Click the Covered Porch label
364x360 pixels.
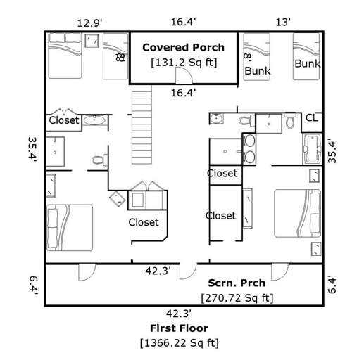183,48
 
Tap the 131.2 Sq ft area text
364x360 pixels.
184,63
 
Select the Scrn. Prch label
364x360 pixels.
237,283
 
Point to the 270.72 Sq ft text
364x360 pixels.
237,298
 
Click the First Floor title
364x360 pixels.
179,328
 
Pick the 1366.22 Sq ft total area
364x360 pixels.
179,343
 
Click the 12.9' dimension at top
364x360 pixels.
89,23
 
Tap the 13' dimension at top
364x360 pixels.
282,23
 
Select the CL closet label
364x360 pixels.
311,117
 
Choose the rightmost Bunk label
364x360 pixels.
308,64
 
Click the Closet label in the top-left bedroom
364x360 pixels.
63,120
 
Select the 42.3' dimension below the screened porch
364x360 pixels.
179,314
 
